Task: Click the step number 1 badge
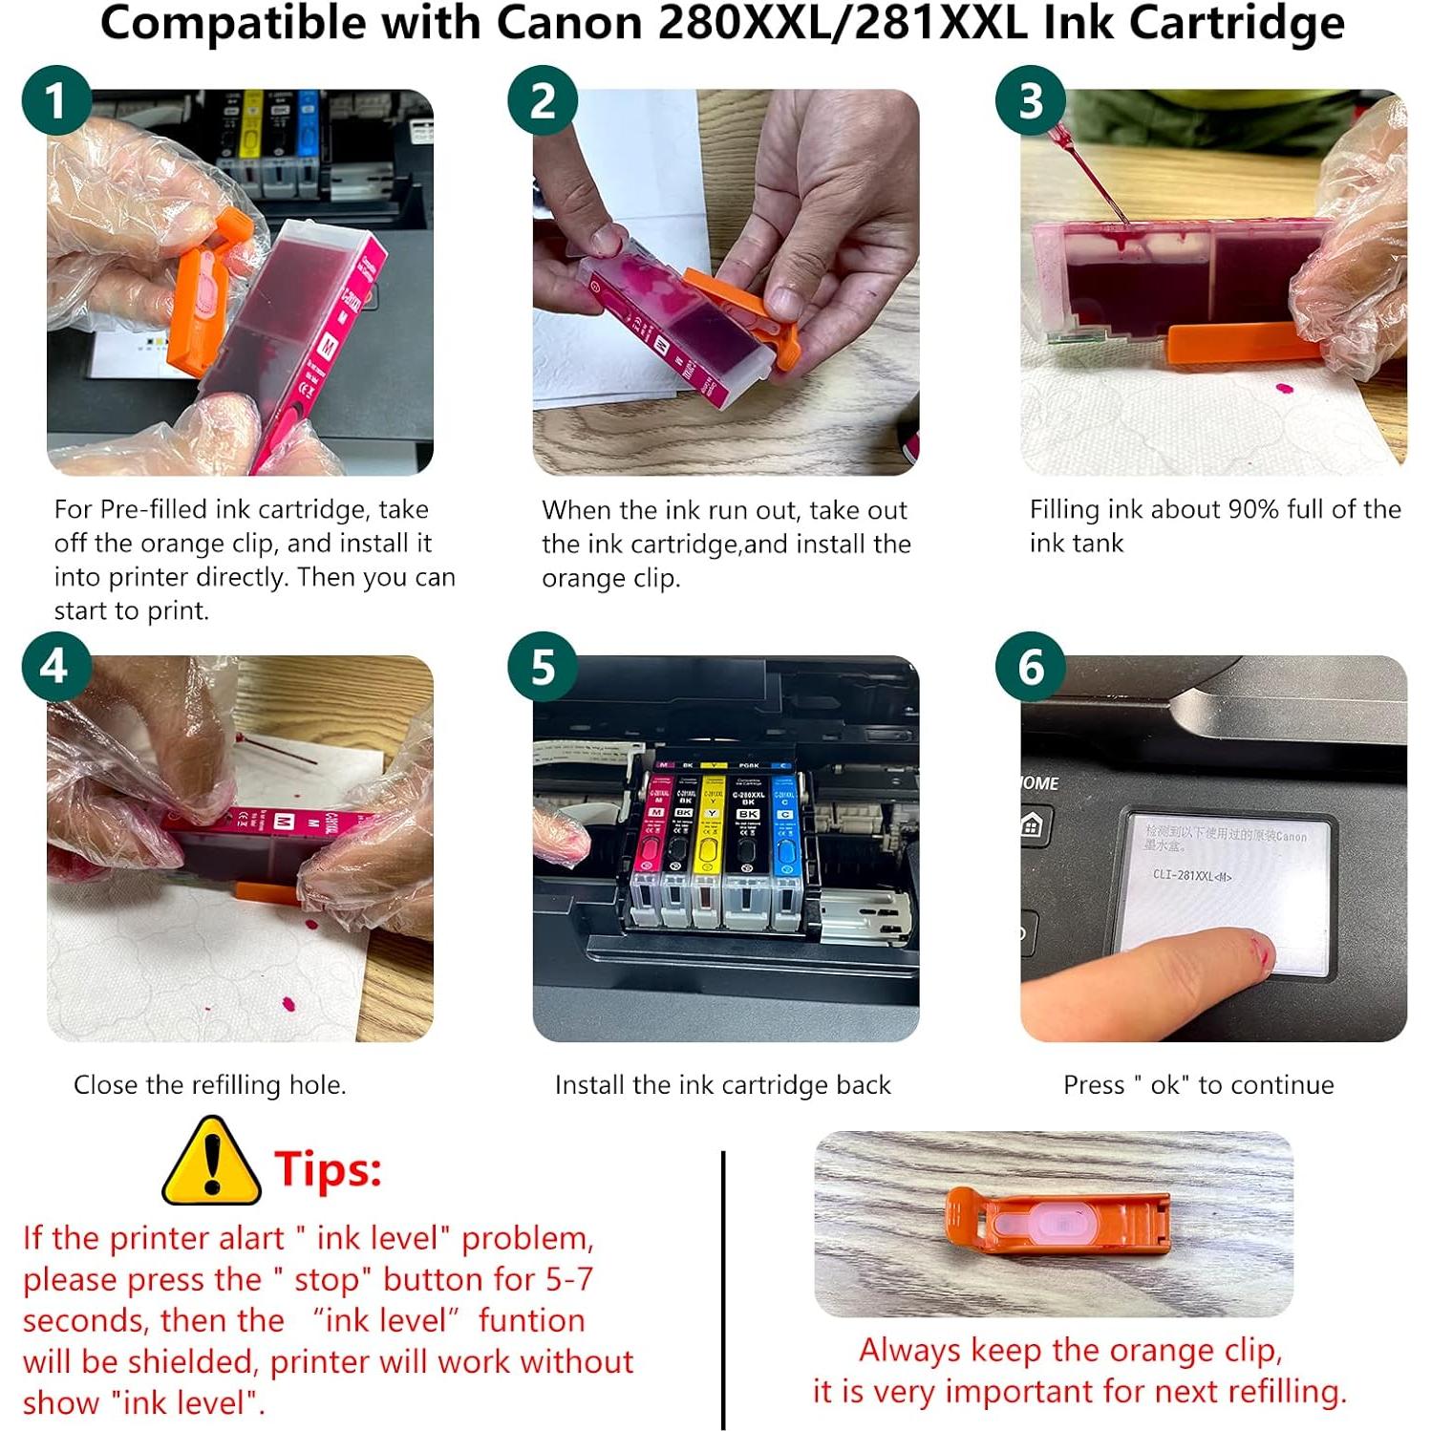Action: [x=56, y=100]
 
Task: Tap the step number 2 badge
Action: [x=543, y=100]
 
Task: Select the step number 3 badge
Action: [x=1031, y=100]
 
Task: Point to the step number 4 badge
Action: [x=56, y=667]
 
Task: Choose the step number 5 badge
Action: [x=543, y=667]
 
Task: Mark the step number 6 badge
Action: [x=1031, y=667]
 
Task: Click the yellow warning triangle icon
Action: [x=211, y=1164]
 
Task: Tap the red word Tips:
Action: [x=328, y=1168]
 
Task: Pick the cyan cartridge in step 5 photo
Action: [x=784, y=841]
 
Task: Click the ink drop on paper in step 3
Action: [x=1284, y=390]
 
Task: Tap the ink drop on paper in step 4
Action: [x=288, y=1004]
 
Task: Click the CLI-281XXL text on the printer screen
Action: [x=1191, y=875]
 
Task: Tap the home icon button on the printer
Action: [x=1032, y=825]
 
